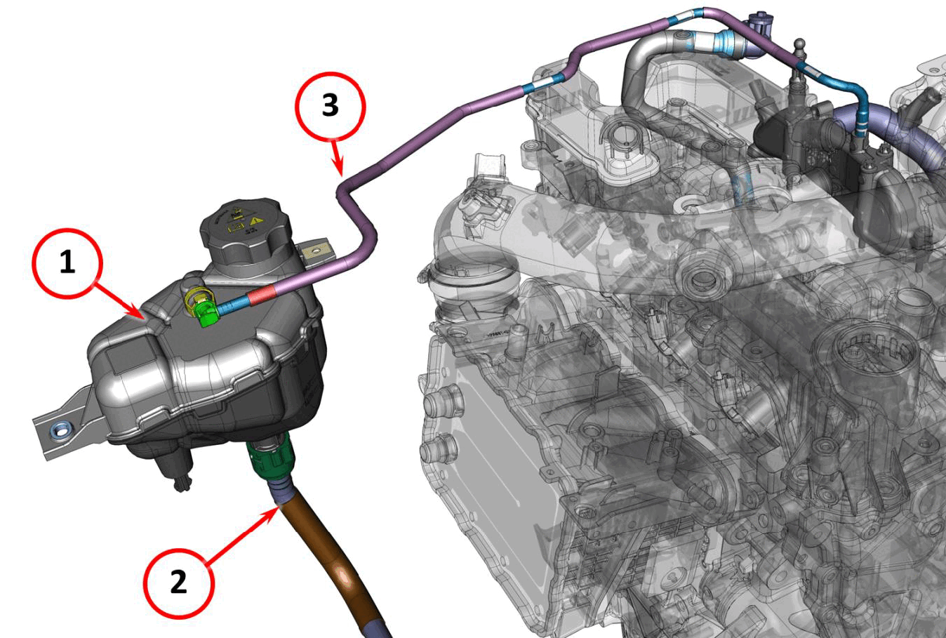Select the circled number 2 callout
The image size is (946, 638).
pyautogui.click(x=179, y=583)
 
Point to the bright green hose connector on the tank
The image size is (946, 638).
pyautogui.click(x=206, y=312)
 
